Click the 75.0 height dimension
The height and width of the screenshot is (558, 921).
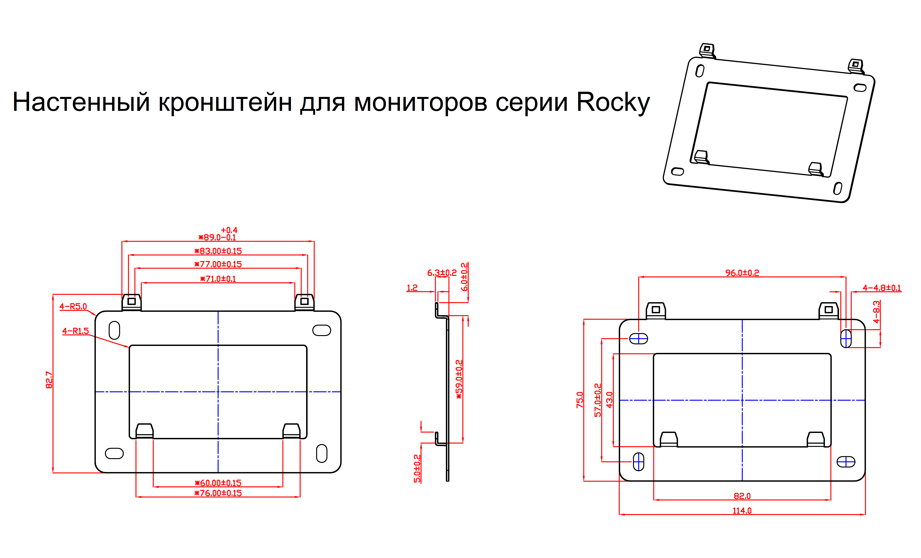[x=580, y=400]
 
